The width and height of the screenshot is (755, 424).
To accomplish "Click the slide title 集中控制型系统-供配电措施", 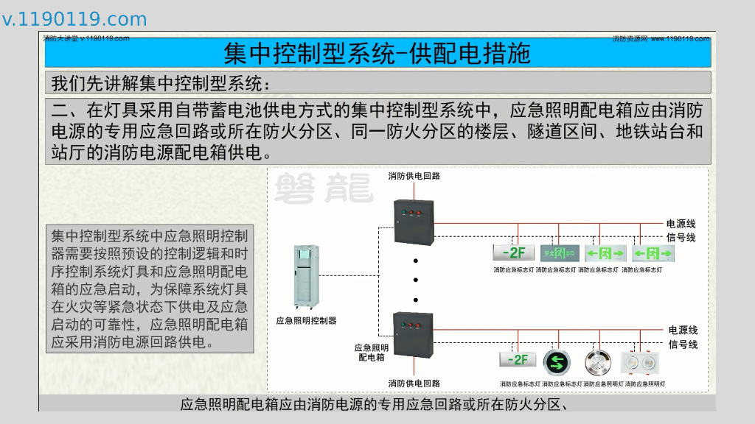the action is click(377, 53).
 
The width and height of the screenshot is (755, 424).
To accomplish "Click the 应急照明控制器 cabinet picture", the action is click(306, 278).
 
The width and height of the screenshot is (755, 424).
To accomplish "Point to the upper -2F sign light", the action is click(513, 252).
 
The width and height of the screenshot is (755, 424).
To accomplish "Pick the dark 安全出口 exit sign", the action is click(559, 253).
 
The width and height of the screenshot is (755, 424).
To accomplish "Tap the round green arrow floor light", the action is click(558, 362).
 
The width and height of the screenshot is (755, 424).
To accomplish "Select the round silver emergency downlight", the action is click(599, 362).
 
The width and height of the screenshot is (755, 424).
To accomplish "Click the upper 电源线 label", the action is click(681, 224).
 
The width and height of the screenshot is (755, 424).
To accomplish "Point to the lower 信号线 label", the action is click(683, 344).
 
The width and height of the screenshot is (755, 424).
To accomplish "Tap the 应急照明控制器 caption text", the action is click(306, 321).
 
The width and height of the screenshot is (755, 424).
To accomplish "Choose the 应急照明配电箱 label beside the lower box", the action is click(372, 353).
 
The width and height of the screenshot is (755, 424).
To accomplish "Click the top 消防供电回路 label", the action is click(414, 176).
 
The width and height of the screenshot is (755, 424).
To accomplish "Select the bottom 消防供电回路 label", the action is click(414, 384).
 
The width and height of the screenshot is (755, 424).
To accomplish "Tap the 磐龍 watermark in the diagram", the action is click(323, 189).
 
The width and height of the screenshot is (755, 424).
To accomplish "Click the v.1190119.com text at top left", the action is click(74, 19).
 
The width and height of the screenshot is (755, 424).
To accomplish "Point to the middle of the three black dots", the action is click(415, 280).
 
